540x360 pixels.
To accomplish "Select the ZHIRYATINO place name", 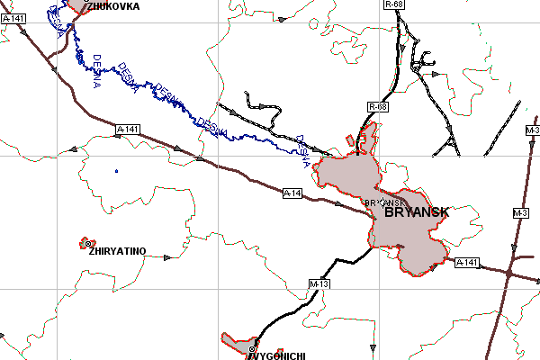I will coord(117,251).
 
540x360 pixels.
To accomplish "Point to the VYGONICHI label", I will coord(276,355).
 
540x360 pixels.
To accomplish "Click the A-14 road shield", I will coord(292,193).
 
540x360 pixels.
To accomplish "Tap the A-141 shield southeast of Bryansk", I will coord(465,263).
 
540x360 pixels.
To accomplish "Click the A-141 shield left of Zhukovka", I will coord(13,17).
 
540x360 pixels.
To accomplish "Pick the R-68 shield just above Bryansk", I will coord(378,107).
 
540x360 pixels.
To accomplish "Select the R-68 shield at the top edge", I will coord(392,4).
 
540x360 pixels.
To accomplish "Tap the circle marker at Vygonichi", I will coord(252,348).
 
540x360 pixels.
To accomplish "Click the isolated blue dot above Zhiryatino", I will coord(116,171).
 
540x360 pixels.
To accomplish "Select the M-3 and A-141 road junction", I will coord(509,270).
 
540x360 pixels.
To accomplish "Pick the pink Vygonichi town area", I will coord(239,343).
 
